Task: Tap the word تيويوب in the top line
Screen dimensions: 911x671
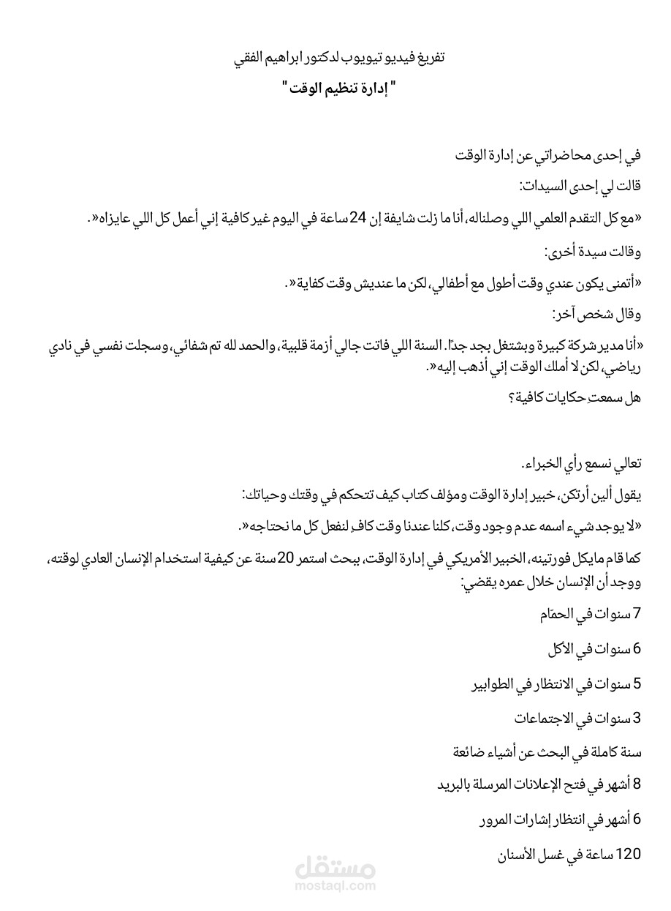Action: click(x=342, y=57)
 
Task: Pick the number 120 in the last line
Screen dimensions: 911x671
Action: click(x=629, y=854)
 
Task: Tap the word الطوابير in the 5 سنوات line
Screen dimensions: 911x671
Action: click(x=495, y=684)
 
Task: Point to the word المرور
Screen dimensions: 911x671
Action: click(x=500, y=820)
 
